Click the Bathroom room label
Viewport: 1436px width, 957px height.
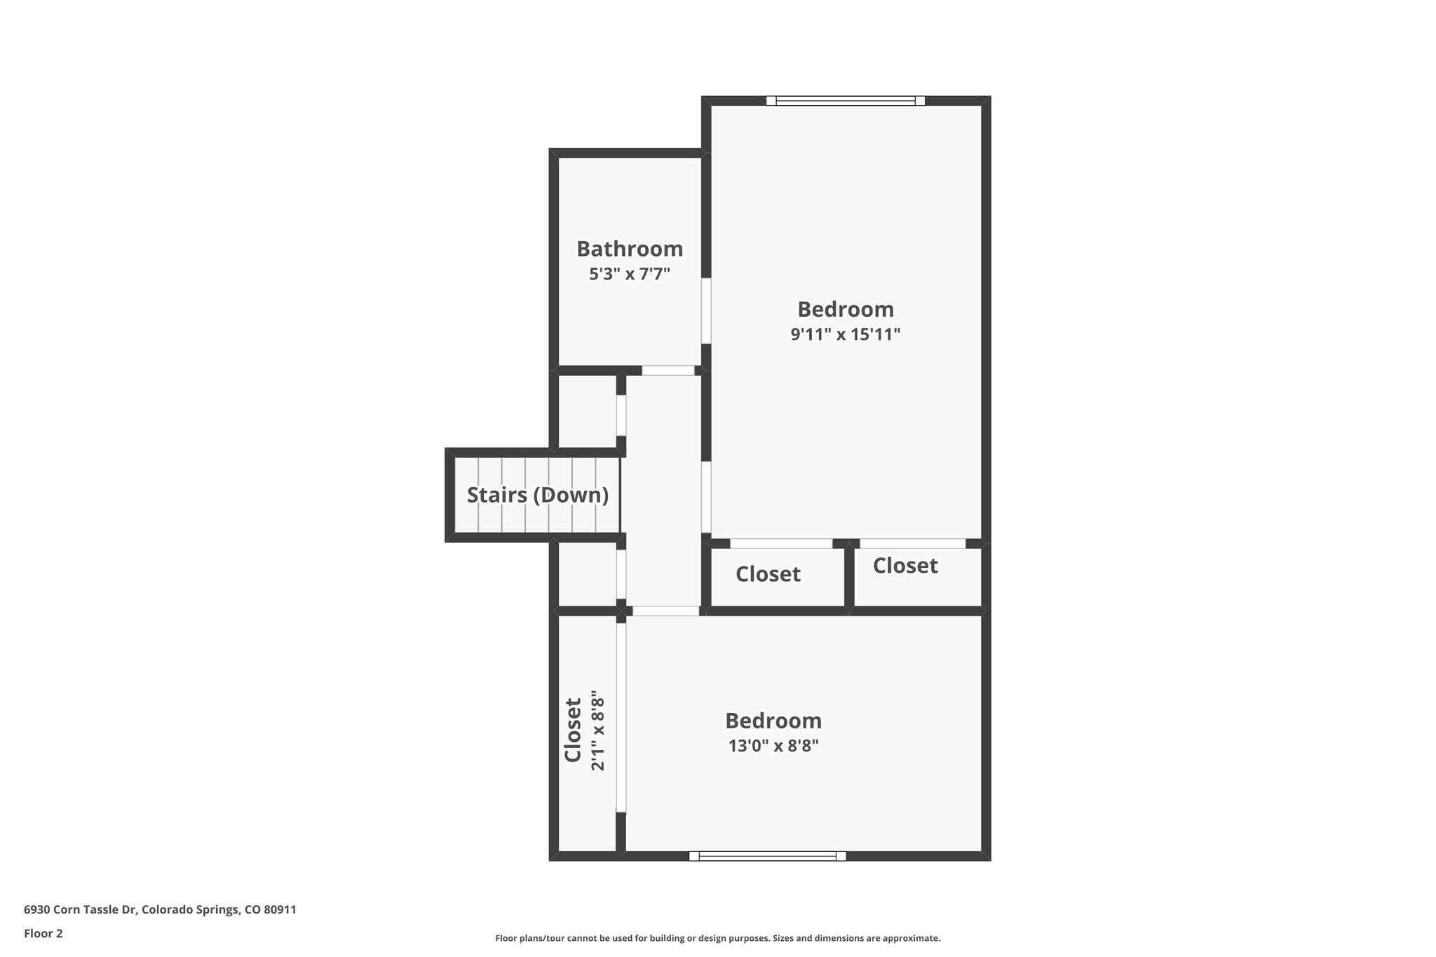point(629,249)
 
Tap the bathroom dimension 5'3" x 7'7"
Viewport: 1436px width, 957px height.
point(629,274)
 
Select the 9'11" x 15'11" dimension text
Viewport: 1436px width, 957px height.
point(845,334)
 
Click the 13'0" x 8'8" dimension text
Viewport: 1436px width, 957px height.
point(773,746)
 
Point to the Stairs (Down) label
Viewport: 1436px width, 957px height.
point(537,495)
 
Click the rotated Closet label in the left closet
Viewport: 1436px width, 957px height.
point(573,730)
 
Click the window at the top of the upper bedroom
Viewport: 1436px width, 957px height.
point(845,101)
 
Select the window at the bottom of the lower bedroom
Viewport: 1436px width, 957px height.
point(767,855)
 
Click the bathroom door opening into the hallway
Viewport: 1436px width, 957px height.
point(668,370)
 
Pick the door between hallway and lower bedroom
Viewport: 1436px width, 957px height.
point(665,611)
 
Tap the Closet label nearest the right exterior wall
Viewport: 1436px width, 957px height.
point(905,566)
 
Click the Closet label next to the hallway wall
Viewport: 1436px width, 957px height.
point(767,575)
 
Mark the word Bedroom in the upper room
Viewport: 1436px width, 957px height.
point(845,309)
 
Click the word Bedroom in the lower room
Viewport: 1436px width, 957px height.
point(773,721)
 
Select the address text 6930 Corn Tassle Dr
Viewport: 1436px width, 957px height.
point(160,910)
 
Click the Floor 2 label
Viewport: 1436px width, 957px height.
point(43,933)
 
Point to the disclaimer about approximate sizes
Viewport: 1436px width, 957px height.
point(717,938)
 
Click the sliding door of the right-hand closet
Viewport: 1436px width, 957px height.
point(912,543)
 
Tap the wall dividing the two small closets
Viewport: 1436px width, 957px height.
point(849,576)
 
